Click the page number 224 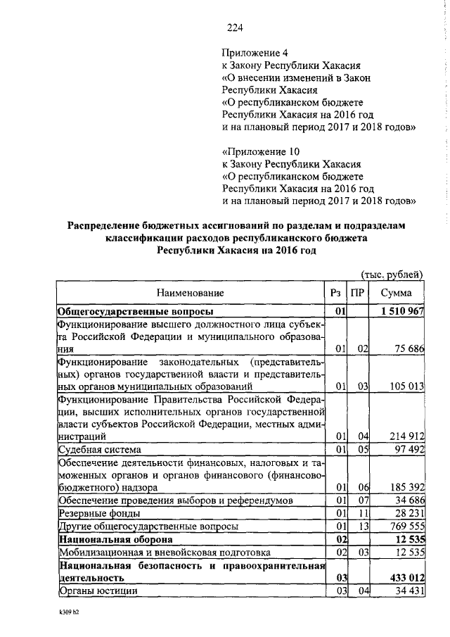(235, 27)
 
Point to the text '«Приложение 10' (260, 151)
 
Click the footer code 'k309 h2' (71, 614)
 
